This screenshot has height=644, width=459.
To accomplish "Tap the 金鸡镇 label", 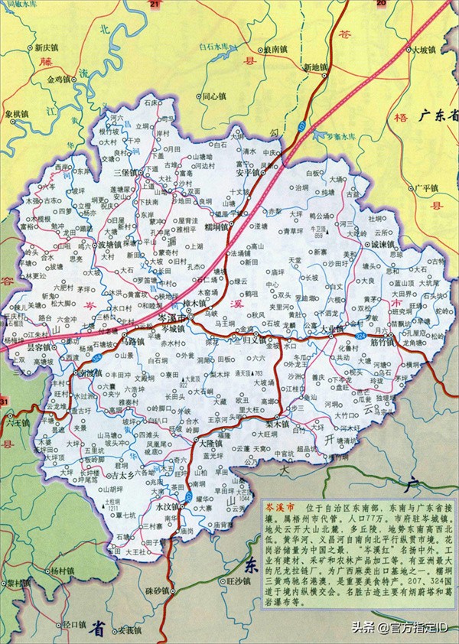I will point(58,79).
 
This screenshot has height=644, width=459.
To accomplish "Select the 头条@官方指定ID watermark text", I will point(398,627).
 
